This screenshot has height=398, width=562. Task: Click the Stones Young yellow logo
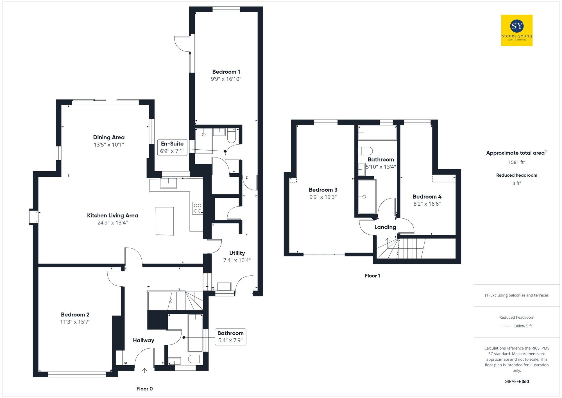[516, 30]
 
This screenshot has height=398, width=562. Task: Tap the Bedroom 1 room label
[226, 72]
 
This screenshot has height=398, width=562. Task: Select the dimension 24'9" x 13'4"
[112, 223]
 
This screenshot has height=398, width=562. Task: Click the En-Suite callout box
[172, 147]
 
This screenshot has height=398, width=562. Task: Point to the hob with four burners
[198, 208]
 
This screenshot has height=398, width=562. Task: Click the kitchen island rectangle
[165, 221]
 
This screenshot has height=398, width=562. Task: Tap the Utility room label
[237, 253]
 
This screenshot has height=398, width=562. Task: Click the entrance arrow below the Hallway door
[144, 370]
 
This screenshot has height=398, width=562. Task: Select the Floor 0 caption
[144, 389]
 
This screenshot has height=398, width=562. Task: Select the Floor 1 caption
[372, 276]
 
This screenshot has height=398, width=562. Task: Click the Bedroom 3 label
[323, 190]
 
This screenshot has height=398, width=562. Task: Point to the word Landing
[385, 227]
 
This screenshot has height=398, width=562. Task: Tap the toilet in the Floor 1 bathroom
[365, 151]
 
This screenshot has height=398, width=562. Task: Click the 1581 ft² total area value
[516, 162]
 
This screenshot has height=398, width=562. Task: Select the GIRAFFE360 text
[516, 382]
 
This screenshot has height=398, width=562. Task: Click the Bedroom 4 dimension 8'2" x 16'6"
[427, 204]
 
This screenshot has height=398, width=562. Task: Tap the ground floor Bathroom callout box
[230, 337]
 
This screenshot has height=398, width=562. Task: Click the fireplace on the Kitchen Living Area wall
[34, 217]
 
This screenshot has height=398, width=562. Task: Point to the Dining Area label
[109, 137]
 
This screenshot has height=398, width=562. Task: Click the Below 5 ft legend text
[523, 326]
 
